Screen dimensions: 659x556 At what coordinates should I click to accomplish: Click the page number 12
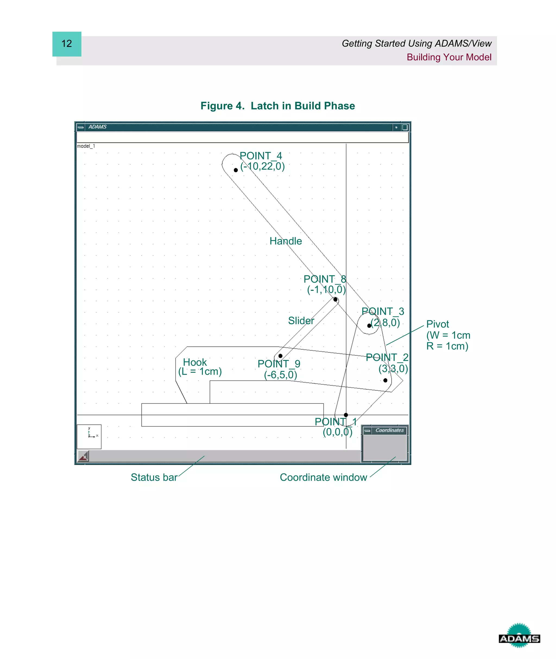(67, 44)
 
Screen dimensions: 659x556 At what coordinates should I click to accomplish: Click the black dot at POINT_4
(236, 170)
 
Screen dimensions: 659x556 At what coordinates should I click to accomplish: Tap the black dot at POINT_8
(335, 299)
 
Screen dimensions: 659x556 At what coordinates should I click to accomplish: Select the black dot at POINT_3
(369, 326)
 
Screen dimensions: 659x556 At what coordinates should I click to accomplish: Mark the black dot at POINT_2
(385, 380)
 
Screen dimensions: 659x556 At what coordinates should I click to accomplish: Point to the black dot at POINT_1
(346, 415)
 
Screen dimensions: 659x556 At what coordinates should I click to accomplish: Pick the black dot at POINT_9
(280, 356)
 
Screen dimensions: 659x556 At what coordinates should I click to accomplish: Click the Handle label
(286, 241)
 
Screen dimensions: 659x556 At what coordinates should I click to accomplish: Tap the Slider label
(301, 321)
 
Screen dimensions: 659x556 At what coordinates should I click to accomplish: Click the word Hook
(195, 362)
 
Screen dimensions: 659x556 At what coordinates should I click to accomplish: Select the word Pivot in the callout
(437, 324)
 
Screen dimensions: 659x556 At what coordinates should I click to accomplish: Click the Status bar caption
(154, 477)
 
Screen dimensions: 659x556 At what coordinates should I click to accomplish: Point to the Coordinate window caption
(323, 477)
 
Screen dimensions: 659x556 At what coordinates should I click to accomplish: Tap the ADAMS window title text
(97, 127)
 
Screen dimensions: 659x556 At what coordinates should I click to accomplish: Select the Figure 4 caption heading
(278, 106)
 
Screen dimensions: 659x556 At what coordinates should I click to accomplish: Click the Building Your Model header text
(449, 57)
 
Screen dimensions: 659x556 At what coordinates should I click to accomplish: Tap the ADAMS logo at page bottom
(519, 639)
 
